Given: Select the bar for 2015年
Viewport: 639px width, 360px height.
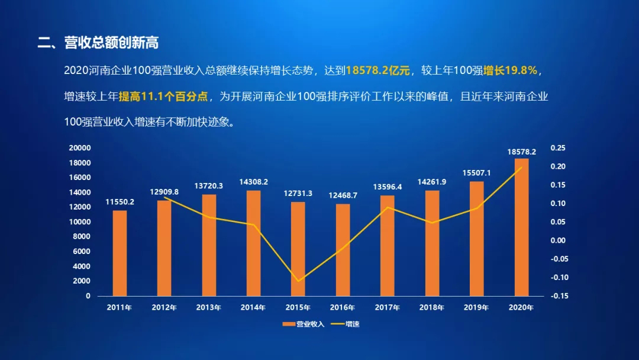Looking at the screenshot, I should point(298,249).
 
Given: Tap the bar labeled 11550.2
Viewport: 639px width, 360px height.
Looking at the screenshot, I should point(120,253).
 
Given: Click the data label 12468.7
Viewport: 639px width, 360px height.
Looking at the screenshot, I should point(343,195).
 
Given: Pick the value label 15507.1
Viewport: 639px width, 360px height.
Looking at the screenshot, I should point(476,173).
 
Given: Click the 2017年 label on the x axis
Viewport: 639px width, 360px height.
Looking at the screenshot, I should point(387,308).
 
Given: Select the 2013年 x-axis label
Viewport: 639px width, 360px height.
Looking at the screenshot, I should point(208,308).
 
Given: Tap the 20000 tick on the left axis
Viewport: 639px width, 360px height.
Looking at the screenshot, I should point(80,148).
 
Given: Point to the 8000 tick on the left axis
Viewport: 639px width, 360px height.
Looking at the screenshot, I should point(82,237).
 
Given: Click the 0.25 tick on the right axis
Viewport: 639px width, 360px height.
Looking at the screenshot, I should point(557,148).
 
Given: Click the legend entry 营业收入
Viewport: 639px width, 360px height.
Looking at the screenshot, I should point(304,324).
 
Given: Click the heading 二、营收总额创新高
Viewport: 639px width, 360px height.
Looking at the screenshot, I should point(98,43).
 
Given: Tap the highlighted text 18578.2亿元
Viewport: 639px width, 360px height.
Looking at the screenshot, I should point(378,70).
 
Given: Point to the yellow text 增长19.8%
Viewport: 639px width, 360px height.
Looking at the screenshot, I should point(510,70).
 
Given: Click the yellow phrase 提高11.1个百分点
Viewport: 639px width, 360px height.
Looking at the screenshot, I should point(159,96).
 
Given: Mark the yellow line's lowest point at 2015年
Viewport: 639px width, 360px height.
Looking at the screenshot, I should point(298,281).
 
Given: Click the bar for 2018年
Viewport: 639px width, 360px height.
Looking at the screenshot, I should point(432,243).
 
